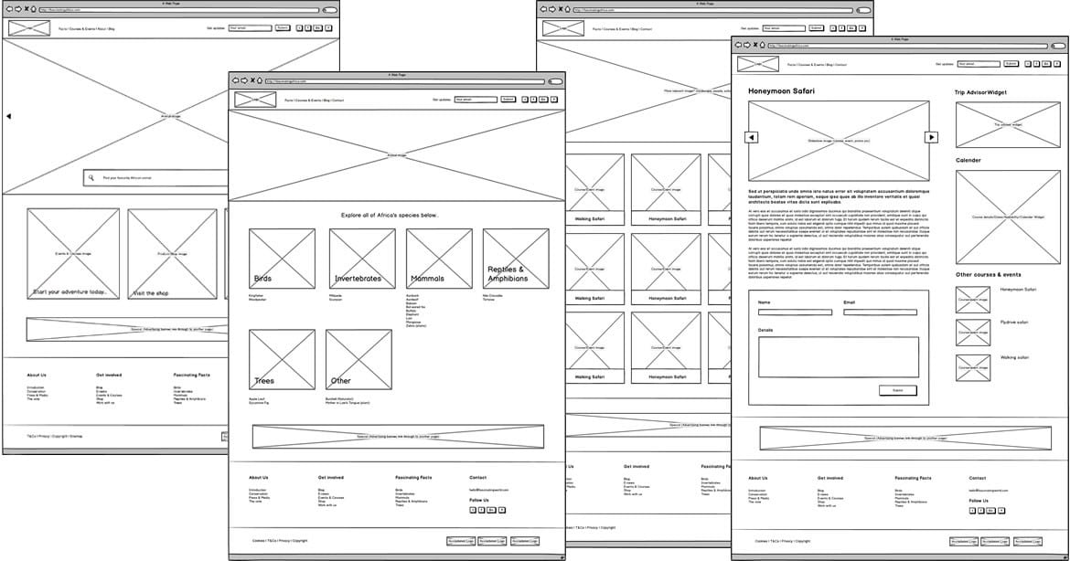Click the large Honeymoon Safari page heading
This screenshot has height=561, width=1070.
781,91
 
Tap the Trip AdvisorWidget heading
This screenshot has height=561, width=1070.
980,92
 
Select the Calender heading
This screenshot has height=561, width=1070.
968,161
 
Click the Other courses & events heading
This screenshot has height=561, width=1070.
989,274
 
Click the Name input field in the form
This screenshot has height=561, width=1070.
795,312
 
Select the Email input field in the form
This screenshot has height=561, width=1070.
880,312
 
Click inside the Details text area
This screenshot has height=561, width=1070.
838,356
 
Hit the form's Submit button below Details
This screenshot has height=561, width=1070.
897,390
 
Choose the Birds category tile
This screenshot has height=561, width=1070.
282,259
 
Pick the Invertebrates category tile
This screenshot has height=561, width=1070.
362,259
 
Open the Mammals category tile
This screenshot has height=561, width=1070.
439,259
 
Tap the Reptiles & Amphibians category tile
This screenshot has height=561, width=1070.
516,259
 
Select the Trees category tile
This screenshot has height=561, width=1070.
282,360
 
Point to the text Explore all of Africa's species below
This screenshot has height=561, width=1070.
390,216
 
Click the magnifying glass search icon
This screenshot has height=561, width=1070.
91,178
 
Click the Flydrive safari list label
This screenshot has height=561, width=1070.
1014,323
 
